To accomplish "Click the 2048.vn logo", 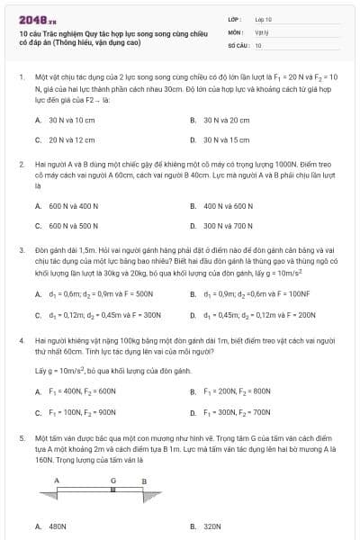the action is [35, 19].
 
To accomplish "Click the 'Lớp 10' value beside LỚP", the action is [263, 18].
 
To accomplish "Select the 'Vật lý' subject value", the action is [261, 31].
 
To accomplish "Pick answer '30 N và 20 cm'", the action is [225, 120].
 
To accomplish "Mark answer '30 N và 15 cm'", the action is [225, 140].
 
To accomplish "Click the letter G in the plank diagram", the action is [113, 481].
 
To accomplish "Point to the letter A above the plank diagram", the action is [56, 481].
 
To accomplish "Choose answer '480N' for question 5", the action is [58, 526].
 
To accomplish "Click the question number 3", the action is [21, 247].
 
